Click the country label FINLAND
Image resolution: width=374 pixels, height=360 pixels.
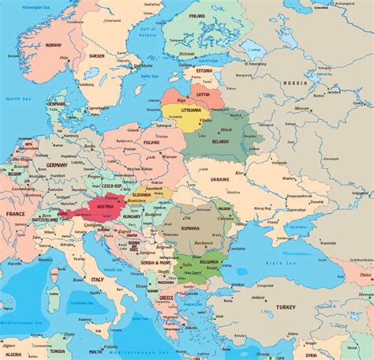[x=196, y=16]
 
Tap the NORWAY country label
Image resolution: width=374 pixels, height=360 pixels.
[x=53, y=46]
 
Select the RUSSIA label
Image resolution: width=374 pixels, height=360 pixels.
[x=296, y=83]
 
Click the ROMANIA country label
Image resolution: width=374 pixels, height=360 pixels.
[x=191, y=228]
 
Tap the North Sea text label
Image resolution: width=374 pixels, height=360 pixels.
[x=13, y=99]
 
